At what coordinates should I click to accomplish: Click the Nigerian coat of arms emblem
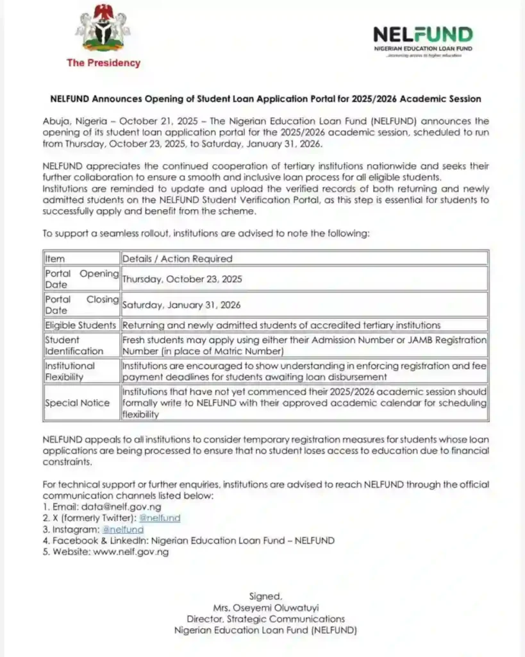pos(103,30)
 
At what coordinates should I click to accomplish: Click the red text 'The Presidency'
pos(103,63)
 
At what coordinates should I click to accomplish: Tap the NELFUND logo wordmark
pos(423,35)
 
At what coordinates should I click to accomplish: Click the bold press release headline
pos(265,99)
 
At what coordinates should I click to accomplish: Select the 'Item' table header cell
pos(55,259)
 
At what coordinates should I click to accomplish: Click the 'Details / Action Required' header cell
pos(178,259)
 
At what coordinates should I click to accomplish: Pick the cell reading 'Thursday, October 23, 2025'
pos(182,279)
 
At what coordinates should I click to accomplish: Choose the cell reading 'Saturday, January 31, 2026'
pos(182,305)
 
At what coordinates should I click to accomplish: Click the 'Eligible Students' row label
pos(81,325)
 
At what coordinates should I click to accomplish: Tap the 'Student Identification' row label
pos(74,345)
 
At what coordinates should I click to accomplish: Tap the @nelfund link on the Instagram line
pos(123,529)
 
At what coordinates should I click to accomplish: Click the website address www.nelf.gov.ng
pos(131,552)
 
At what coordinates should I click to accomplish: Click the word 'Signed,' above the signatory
pos(265,597)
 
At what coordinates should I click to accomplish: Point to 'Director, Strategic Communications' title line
pos(265,619)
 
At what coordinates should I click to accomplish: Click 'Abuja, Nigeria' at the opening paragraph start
pos(74,121)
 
